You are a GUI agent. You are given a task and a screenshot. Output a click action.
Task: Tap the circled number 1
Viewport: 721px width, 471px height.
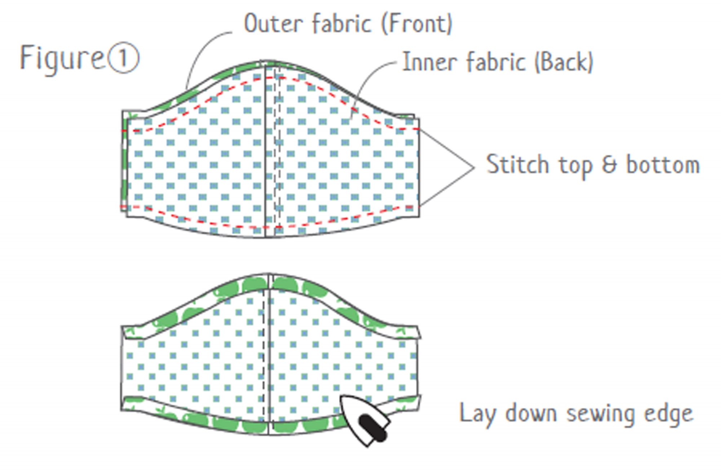123,58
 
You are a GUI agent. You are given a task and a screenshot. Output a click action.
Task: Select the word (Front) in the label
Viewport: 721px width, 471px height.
417,23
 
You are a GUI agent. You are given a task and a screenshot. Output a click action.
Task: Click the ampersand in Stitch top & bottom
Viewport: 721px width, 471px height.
609,165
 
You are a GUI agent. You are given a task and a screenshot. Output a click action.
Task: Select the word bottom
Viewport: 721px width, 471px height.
663,165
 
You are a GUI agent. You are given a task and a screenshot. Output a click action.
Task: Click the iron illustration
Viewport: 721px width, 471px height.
364,420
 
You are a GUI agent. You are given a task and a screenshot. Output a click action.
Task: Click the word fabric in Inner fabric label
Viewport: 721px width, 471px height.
496,62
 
